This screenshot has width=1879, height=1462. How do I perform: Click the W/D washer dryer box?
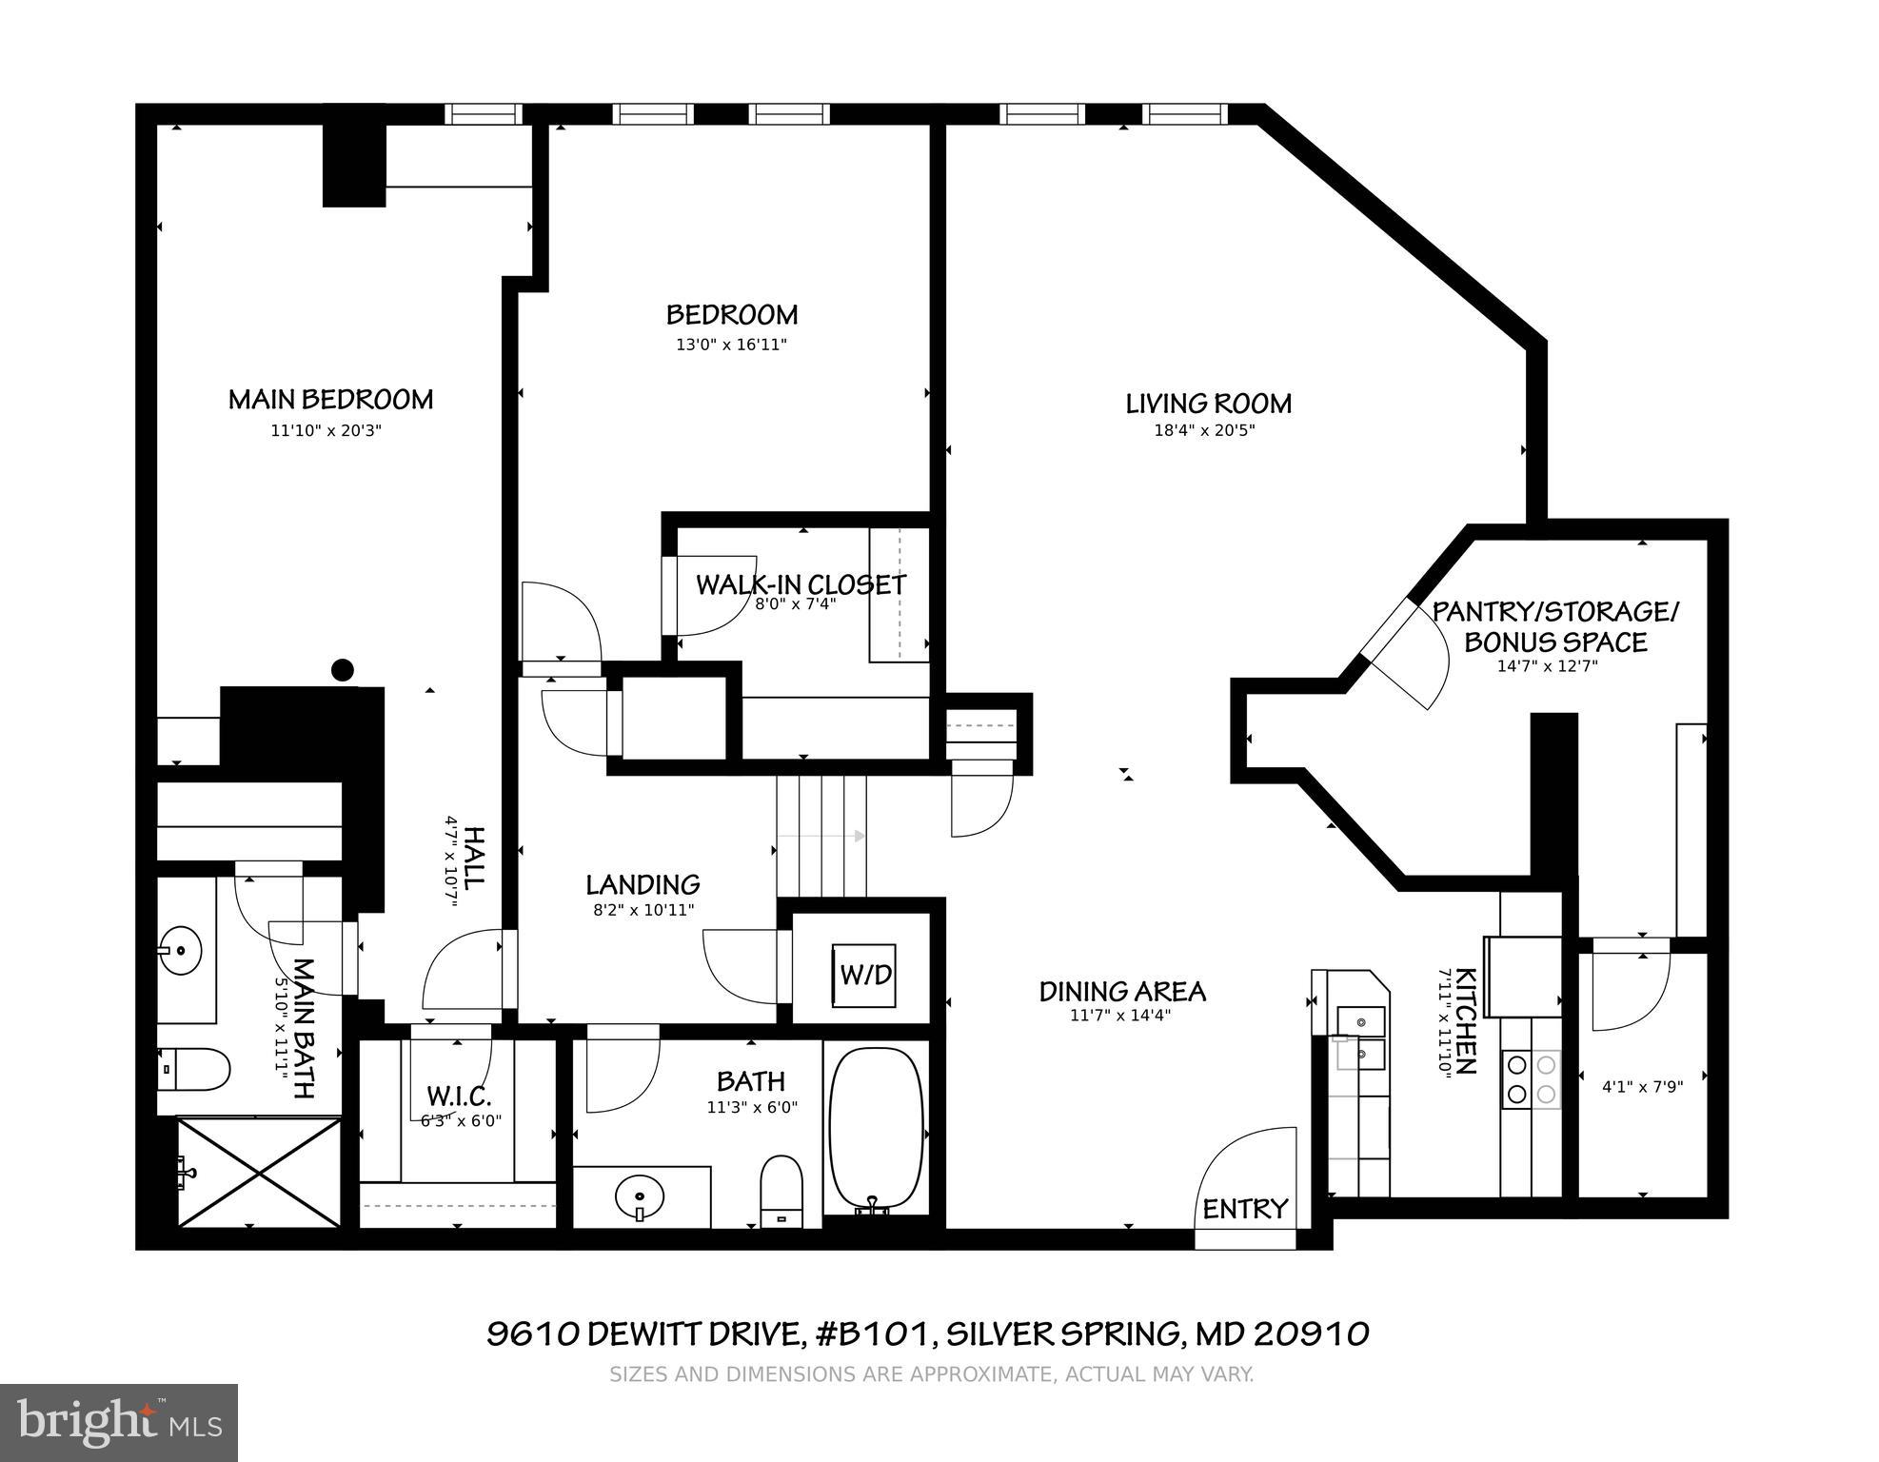tap(864, 975)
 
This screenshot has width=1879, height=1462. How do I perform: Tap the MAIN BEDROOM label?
tap(330, 400)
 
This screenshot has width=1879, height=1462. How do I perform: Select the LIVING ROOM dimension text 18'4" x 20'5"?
tap(1204, 430)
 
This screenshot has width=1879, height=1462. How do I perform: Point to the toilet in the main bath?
tap(195, 1070)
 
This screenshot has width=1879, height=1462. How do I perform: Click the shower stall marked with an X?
tap(259, 1172)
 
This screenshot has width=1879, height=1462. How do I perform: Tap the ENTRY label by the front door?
tap(1244, 1209)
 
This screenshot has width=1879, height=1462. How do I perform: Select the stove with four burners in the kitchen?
tap(1531, 1079)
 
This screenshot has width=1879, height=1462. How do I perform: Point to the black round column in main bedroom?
tap(342, 670)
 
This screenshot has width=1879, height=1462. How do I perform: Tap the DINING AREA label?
tap(1121, 992)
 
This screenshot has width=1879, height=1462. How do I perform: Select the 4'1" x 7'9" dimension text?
tap(1642, 1086)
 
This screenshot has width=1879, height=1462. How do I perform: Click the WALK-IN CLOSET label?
tap(801, 584)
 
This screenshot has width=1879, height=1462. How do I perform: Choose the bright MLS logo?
tap(119, 1423)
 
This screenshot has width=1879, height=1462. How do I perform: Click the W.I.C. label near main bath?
tap(458, 1096)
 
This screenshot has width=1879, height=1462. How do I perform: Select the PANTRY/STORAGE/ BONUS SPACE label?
tap(1555, 626)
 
